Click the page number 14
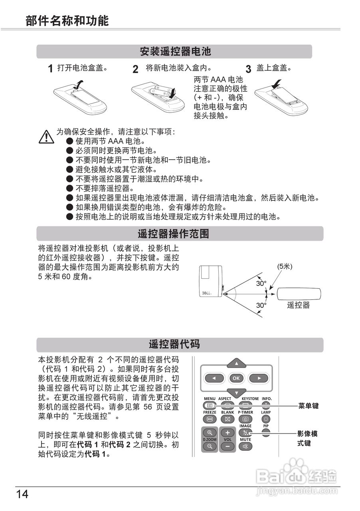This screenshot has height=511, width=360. click(22, 494)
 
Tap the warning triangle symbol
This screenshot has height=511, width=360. click(46, 137)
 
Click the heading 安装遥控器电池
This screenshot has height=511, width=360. click(175, 51)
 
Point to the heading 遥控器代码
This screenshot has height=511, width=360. click(174, 345)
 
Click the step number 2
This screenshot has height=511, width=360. click(136, 69)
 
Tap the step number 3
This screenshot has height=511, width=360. click(248, 69)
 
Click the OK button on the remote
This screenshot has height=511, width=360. click(236, 378)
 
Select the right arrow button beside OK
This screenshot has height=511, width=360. click(259, 378)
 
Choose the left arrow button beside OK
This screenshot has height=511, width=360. click(214, 378)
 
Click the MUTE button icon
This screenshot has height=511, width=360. click(245, 446)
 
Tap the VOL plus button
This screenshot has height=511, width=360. click(227, 433)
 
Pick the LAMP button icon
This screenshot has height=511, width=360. click(266, 419)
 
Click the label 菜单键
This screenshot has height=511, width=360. click(309, 406)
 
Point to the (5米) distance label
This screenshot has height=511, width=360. click(285, 267)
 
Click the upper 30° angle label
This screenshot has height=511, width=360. click(261, 283)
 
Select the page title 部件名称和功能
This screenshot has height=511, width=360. click(67, 21)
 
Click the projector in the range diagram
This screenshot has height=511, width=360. click(211, 281)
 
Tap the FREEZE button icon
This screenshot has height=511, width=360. click(210, 419)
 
